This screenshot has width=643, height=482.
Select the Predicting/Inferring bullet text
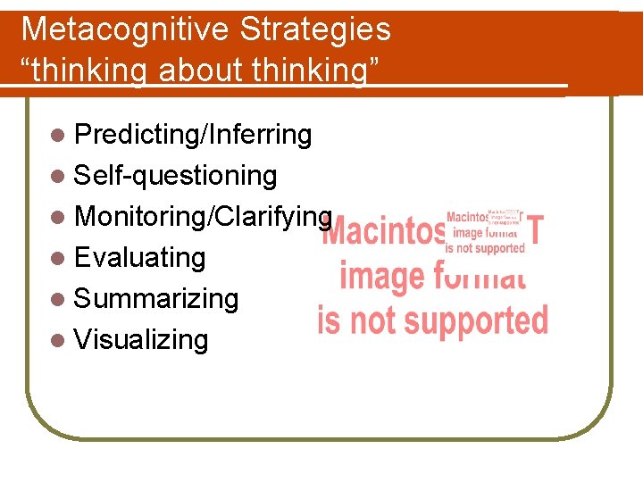coord(193,135)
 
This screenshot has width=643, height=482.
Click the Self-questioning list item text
coord(175,176)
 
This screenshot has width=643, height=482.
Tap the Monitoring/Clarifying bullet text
coord(204,216)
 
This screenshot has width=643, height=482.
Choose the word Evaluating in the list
coord(140,257)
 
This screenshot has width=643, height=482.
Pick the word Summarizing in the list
coord(156,298)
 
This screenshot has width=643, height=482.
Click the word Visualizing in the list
coord(141,339)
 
